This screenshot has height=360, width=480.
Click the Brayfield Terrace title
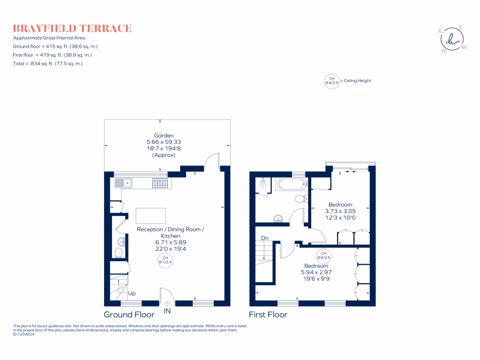point(72,28)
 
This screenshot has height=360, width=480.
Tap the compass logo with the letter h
point(452,39)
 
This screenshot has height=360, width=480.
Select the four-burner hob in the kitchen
point(160,183)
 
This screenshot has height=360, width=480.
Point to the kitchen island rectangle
point(150,216)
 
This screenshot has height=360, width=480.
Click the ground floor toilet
point(119,253)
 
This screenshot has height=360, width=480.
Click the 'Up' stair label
point(132,294)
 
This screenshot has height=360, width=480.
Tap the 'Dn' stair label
point(264,238)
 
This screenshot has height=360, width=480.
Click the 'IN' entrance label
point(167,310)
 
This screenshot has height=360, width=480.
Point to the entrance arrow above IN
point(167,303)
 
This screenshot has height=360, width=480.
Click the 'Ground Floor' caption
point(129,315)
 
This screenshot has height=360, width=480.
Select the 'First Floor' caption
point(268,315)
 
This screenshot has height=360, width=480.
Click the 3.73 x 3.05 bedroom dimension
point(340,211)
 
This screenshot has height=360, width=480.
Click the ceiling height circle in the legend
point(332,81)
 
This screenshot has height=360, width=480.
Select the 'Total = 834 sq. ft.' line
point(48,63)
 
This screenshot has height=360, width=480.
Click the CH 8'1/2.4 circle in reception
point(165,260)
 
